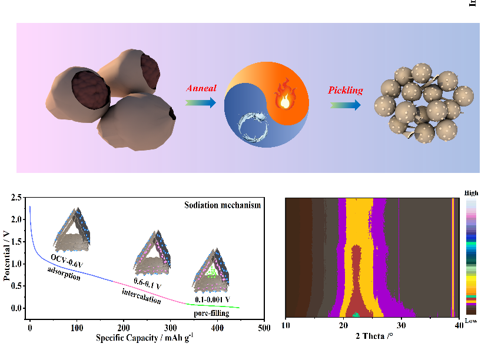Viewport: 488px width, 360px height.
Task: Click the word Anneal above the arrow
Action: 201,88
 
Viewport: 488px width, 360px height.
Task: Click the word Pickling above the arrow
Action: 345,91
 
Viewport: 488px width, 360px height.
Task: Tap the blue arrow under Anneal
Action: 201,102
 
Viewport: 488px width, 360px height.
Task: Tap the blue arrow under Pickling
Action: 345,105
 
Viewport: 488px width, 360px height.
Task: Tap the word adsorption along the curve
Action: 64,272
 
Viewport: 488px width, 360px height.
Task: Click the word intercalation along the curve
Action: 141,296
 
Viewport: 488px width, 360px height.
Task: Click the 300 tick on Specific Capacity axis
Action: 171,327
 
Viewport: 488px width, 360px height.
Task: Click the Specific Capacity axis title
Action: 145,338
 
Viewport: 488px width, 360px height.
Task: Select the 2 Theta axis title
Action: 374,337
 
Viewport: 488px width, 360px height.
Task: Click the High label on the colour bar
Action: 472,193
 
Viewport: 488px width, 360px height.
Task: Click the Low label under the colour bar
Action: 471,321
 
